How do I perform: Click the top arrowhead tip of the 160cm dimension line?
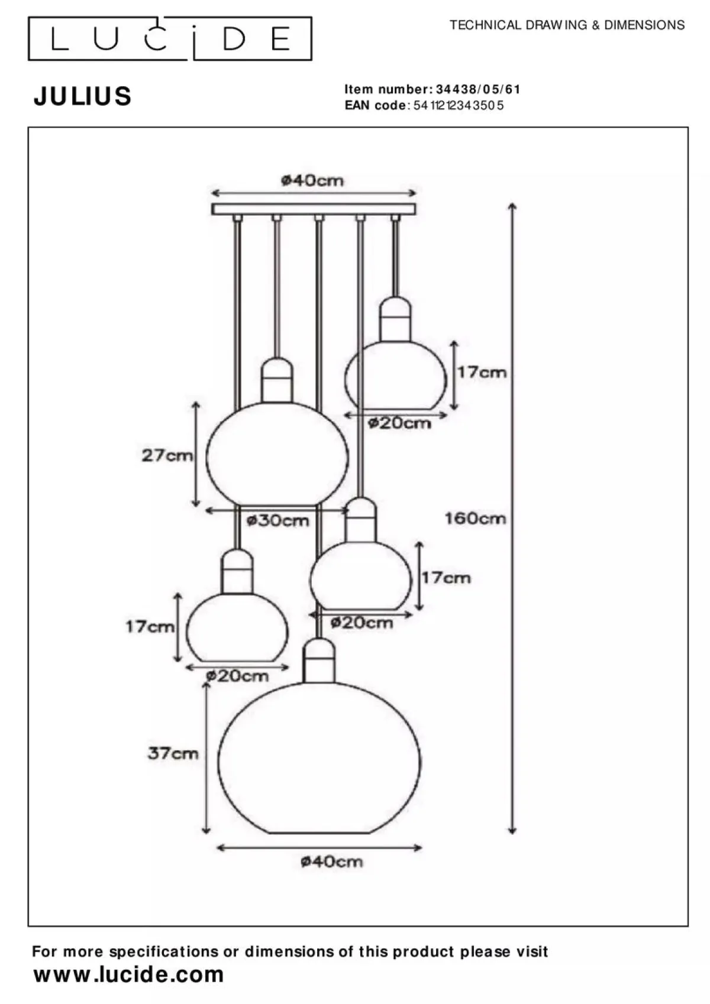point(512,203)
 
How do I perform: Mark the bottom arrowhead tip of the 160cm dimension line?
point(512,834)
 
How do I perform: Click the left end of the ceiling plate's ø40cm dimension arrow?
point(212,193)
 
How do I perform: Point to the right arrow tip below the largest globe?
point(422,847)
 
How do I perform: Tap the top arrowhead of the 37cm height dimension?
point(206,683)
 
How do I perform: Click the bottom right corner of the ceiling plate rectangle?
point(416,215)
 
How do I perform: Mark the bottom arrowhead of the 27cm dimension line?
point(196,507)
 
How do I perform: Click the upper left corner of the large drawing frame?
point(28,127)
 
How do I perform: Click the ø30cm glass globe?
point(277,454)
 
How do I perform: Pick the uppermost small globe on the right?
point(396,375)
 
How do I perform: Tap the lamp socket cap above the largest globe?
point(319,660)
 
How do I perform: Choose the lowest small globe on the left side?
point(237,627)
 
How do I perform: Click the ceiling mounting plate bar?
point(314,209)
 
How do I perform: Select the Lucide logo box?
point(170,38)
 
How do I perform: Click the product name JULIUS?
point(83,96)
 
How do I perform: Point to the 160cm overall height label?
point(476,519)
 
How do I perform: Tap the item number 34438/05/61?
point(478,90)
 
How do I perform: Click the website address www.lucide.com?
point(129,974)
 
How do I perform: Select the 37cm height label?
point(173,753)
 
